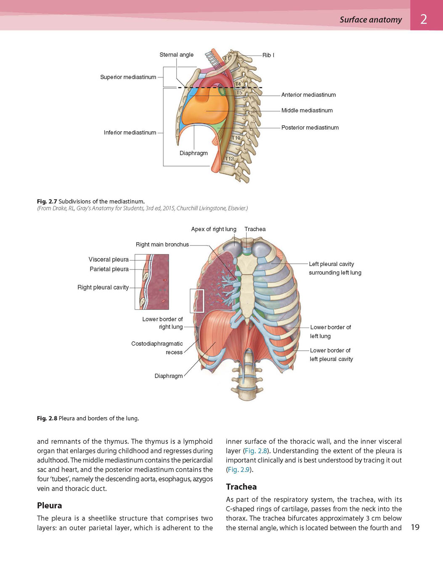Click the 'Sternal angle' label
pos(176,55)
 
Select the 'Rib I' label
pos(268,55)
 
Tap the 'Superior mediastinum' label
pos(128,77)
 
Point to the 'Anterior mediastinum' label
pos(308,95)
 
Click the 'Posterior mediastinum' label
pos(310,128)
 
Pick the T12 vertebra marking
pos(229,159)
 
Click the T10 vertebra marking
pos(236,138)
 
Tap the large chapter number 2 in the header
pos(424,19)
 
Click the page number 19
pos(415,527)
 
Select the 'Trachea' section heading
pos(241,487)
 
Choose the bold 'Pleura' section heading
pos(50,505)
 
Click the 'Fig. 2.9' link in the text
pos(239,470)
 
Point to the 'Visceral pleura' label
pos(109,259)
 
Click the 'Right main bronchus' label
pos(162,244)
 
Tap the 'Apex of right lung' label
pos(214,229)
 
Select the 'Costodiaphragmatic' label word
pos(157,344)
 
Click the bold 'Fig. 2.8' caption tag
pos(47,418)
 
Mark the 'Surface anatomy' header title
pos(371,19)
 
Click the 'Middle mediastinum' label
pos(307,111)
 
